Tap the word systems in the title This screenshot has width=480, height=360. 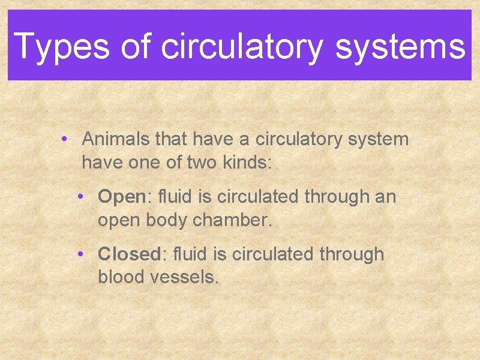400,46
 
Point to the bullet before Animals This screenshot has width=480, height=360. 64,140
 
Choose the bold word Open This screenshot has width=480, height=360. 122,197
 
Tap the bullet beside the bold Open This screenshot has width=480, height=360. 81,197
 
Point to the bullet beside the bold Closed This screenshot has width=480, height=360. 81,255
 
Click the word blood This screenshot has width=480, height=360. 122,277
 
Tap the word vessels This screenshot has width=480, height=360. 185,277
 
